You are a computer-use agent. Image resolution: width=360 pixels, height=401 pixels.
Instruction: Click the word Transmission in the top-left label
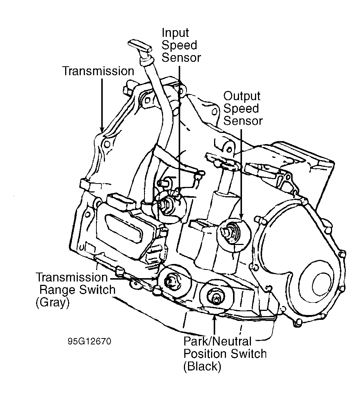coord(98,71)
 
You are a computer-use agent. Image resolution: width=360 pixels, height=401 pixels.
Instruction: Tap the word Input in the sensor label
coord(175,33)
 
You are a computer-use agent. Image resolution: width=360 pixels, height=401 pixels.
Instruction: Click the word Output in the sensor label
coord(242,96)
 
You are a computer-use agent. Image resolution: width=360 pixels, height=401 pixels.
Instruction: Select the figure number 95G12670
coord(89,341)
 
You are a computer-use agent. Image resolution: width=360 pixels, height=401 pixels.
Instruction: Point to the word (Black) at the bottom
coord(202,366)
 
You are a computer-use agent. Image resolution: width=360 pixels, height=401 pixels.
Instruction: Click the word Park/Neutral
coord(217,341)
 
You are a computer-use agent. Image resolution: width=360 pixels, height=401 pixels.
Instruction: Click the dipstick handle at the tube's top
coord(140,48)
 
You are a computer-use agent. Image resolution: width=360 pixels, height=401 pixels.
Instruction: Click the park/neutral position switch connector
coord(216,297)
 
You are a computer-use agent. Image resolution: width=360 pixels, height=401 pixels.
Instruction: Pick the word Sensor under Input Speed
coord(181,57)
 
